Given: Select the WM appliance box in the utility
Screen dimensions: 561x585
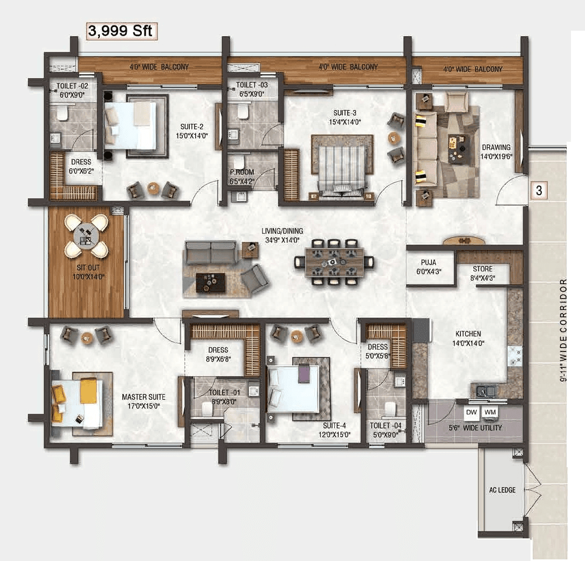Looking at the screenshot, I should tap(490, 412).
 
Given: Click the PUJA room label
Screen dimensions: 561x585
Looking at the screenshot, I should tap(429, 262).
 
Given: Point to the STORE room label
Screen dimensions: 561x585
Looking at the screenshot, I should tap(483, 268).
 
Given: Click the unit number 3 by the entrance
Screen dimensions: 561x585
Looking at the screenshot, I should tap(539, 190).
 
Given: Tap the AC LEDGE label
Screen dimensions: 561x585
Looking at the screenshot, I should tap(503, 490).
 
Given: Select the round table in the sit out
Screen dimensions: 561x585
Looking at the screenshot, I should tap(86, 236).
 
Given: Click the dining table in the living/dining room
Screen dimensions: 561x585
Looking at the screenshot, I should tap(334, 262).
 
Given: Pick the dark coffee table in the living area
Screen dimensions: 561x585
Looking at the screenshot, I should tap(211, 282).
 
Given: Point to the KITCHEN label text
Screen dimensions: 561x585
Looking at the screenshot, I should tap(467, 334).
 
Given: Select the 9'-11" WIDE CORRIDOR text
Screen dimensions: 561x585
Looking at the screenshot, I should tap(563, 330).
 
